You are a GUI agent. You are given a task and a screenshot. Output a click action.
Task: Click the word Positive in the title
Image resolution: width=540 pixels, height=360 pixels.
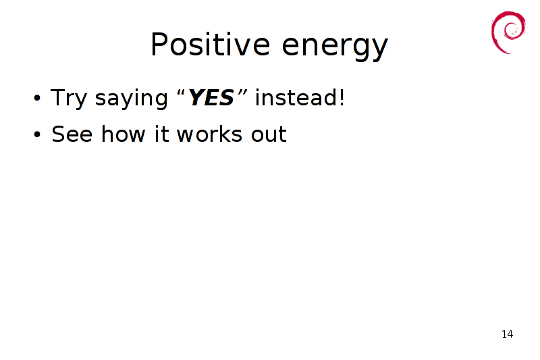tap(210, 44)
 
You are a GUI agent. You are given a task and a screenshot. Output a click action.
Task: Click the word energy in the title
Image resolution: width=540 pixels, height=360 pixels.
tap(335, 47)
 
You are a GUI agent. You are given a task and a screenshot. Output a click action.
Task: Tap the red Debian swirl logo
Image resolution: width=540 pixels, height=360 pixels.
tap(508, 32)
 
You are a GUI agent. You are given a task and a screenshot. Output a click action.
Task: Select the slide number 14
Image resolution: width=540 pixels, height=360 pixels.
tap(508, 334)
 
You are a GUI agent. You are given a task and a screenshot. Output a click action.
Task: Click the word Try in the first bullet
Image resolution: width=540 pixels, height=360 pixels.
tap(69, 99)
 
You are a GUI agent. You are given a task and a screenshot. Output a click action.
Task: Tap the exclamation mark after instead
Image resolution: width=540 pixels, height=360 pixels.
tap(342, 97)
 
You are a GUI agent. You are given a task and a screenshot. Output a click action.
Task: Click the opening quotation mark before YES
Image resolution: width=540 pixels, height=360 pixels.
tap(181, 93)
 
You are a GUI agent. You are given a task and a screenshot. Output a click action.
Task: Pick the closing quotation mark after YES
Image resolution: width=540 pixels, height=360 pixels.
tap(242, 93)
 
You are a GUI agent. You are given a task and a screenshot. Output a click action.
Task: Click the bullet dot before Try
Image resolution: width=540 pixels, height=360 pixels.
tap(37, 98)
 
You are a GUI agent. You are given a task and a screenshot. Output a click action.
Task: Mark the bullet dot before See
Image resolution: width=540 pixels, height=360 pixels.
tap(37, 134)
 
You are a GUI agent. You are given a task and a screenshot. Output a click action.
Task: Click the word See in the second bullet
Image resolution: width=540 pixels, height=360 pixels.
tap(72, 134)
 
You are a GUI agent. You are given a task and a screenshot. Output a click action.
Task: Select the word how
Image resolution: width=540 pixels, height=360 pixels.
tap(123, 134)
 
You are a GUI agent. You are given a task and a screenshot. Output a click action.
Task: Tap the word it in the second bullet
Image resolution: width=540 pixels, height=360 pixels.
tap(161, 134)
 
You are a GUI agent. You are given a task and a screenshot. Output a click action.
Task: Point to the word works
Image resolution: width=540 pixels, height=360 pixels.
tap(209, 134)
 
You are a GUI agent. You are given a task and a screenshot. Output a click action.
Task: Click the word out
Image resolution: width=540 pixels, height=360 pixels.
tap(269, 134)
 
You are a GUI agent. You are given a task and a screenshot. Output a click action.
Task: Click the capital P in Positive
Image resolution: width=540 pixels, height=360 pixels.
tap(159, 44)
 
